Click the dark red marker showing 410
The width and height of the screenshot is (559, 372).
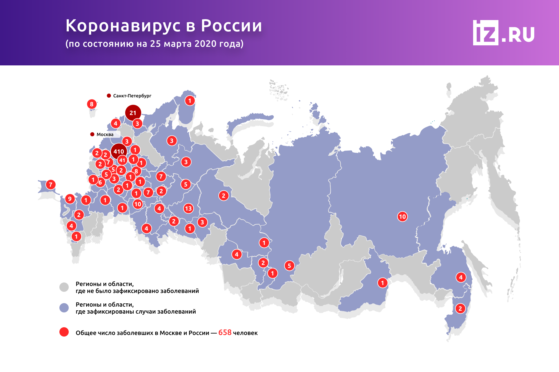click(x=119, y=151)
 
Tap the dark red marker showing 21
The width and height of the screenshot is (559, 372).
click(x=133, y=113)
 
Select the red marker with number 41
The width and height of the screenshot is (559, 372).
click(x=122, y=160)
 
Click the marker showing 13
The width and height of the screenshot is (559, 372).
click(x=188, y=208)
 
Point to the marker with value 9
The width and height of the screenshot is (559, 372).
click(x=70, y=199)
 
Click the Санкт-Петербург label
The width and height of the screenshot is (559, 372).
click(x=132, y=96)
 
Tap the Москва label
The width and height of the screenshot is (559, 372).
click(x=105, y=134)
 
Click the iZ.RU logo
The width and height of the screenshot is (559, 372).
click(x=503, y=33)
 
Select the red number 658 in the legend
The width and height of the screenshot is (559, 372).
click(x=225, y=332)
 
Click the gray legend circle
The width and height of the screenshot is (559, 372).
click(x=64, y=287)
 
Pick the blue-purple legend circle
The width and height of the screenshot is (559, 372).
click(x=64, y=308)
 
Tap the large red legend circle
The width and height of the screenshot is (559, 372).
click(x=64, y=332)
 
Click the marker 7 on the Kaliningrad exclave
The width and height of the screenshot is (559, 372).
click(x=51, y=185)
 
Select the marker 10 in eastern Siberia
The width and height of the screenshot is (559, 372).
click(x=402, y=217)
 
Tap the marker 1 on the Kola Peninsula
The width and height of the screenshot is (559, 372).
click(x=190, y=101)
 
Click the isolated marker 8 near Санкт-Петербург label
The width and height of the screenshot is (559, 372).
click(x=92, y=104)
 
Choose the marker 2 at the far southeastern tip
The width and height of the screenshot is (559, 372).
click(x=460, y=309)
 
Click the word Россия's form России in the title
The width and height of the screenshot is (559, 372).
click(x=231, y=26)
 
